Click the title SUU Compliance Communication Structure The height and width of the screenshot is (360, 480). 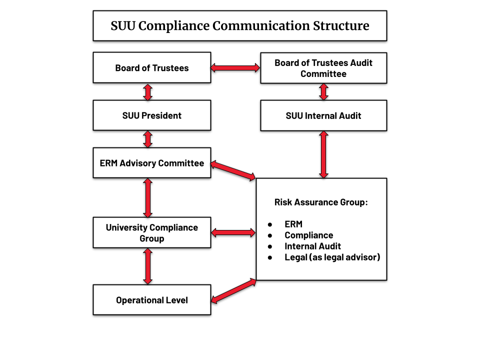[239, 25]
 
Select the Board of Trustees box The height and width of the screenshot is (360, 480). [151, 67]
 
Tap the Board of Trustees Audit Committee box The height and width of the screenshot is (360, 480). [323, 68]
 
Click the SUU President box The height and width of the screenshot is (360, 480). [151, 115]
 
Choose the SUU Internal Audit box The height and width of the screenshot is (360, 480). [323, 115]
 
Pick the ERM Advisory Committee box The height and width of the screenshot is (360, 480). [151, 163]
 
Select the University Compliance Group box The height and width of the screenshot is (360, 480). [151, 233]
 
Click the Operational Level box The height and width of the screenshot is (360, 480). [151, 300]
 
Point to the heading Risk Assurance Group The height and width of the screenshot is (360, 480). [321, 202]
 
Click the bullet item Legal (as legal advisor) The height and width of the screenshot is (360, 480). [332, 257]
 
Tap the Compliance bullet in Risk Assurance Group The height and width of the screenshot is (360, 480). [308, 235]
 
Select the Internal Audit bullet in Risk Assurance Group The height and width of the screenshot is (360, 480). [312, 246]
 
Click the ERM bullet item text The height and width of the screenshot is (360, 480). [293, 224]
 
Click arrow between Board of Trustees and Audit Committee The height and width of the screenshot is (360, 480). [235, 67]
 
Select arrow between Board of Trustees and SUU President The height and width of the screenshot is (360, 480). [147, 92]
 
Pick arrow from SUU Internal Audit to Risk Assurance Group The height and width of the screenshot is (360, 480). [323, 154]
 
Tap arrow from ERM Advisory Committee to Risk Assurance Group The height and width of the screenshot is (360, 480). [233, 170]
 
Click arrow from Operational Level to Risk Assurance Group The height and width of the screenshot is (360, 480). [234, 291]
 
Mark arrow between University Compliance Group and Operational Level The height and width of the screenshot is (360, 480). [147, 266]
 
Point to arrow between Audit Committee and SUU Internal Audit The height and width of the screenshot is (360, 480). [323, 92]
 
